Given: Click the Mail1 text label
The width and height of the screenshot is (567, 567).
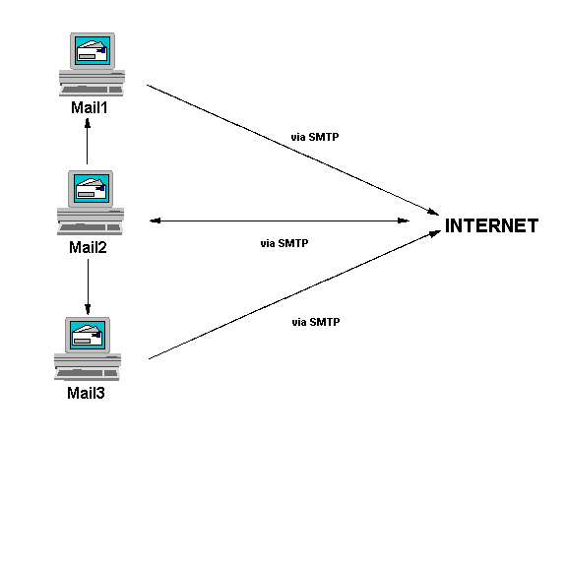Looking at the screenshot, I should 89,107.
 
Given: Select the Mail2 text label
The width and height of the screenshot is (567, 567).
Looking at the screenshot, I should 88,246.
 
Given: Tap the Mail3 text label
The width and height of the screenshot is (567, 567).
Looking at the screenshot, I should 86,394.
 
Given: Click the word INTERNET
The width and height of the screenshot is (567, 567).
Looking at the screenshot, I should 491,226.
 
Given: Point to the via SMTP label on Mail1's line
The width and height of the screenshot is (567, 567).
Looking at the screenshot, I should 316,138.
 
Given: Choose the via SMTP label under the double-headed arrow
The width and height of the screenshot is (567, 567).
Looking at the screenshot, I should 284,242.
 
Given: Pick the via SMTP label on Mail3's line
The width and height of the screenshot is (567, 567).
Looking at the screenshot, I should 316,322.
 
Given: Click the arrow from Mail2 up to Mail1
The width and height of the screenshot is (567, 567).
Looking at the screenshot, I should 89,143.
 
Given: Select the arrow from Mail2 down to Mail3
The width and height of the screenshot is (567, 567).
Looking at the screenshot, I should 89,285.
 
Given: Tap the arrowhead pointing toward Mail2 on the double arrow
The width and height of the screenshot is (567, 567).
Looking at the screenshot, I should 155,221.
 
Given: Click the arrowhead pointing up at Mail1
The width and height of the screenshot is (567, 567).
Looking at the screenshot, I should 89,123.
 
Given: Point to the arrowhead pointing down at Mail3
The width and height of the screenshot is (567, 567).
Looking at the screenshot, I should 89,306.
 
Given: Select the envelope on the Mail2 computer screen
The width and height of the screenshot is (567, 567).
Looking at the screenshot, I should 91,188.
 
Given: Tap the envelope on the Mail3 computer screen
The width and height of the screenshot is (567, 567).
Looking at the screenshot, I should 88,335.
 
